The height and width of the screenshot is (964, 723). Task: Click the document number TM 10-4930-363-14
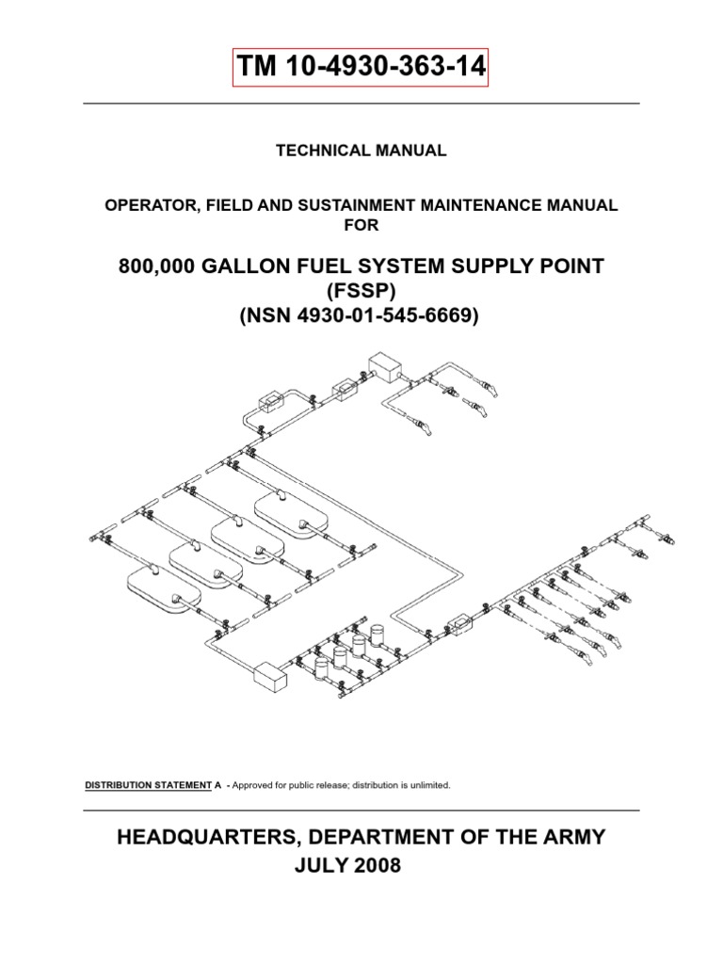pos(361,68)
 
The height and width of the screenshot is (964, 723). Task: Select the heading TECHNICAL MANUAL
pos(361,151)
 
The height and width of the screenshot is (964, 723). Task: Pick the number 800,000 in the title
pos(155,267)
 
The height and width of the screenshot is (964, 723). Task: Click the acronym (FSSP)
pos(361,293)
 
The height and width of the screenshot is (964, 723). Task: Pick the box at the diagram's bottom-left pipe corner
pos(269,674)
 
